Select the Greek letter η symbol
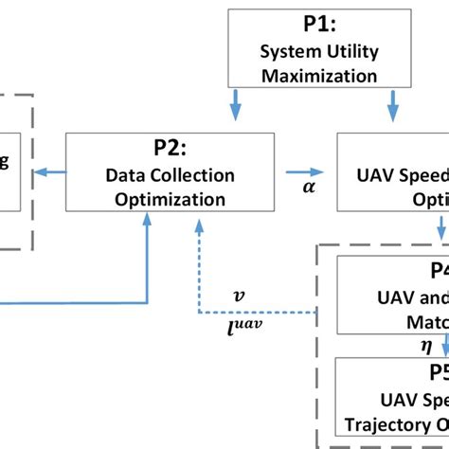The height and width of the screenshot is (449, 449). tap(400, 347)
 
